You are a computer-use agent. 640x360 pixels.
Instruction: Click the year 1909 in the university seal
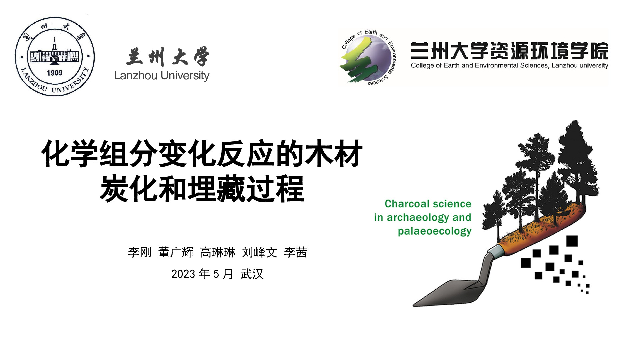coord(55,73)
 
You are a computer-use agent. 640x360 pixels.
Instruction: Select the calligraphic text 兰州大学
coord(168,56)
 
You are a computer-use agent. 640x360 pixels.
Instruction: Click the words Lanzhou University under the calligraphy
coord(162,76)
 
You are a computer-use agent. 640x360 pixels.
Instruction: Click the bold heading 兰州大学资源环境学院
coord(510,51)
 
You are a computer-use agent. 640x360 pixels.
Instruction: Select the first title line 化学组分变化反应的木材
coord(202,153)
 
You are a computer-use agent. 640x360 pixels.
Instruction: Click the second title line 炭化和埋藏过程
coord(202,189)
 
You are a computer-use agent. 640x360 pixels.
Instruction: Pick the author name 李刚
coord(140,252)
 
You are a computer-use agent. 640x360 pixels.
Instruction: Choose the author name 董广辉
coord(176,252)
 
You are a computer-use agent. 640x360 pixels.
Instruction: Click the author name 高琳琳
coord(218,252)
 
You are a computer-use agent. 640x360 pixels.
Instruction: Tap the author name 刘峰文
coord(260,252)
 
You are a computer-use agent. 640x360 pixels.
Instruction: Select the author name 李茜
coord(296,252)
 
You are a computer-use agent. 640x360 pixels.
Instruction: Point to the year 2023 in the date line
coord(183,274)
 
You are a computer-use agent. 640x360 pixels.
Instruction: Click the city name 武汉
coord(252,274)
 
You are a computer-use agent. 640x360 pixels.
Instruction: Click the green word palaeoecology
coord(435,231)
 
